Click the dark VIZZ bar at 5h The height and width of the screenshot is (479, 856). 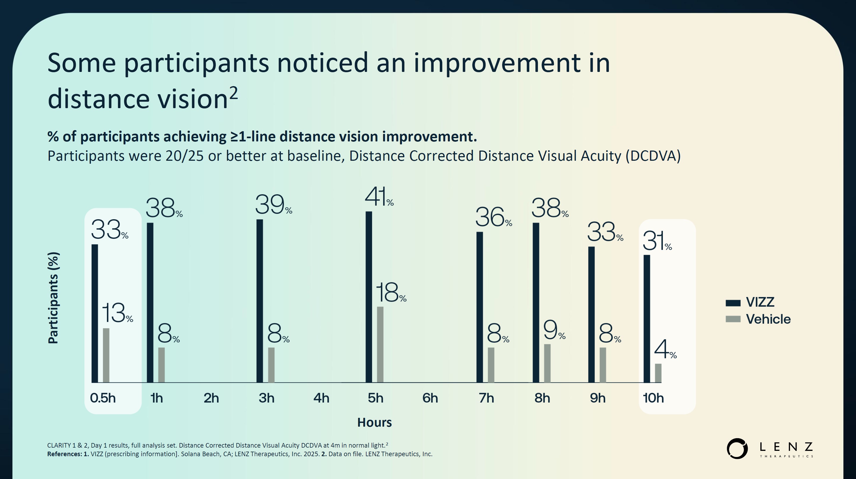pyautogui.click(x=369, y=297)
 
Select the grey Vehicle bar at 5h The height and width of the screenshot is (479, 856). pyautogui.click(x=380, y=345)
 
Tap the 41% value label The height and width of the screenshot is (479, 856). pyautogui.click(x=379, y=197)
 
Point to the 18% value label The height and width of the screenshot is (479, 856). pyautogui.click(x=390, y=293)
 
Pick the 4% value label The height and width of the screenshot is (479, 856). pyautogui.click(x=665, y=350)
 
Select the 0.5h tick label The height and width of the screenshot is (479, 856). pyautogui.click(x=103, y=398)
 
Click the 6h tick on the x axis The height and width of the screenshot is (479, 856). pyautogui.click(x=430, y=398)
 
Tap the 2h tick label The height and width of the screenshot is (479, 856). pyautogui.click(x=211, y=398)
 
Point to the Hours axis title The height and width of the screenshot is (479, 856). pyautogui.click(x=374, y=422)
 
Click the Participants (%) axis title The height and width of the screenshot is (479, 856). pyautogui.click(x=53, y=298)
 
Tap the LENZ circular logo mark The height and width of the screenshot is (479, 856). pyautogui.click(x=737, y=448)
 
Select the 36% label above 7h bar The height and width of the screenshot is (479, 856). pyautogui.click(x=493, y=217)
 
